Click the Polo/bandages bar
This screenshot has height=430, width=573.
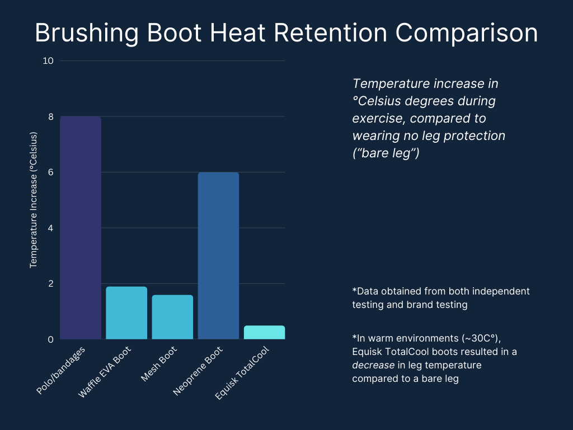81,227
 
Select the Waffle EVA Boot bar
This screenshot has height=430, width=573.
126,312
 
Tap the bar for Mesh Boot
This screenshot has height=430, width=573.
172,317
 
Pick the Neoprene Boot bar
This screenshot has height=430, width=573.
218,255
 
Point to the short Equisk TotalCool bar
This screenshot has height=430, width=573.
264,332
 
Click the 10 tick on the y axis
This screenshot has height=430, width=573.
48,60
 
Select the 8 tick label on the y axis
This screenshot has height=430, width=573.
50,116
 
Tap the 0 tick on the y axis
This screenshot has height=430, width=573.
50,339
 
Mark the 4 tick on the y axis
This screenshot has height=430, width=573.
50,228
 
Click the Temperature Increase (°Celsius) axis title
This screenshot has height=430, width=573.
33,200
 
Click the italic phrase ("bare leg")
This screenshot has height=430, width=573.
386,153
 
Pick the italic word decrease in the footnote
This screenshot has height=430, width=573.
370,364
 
